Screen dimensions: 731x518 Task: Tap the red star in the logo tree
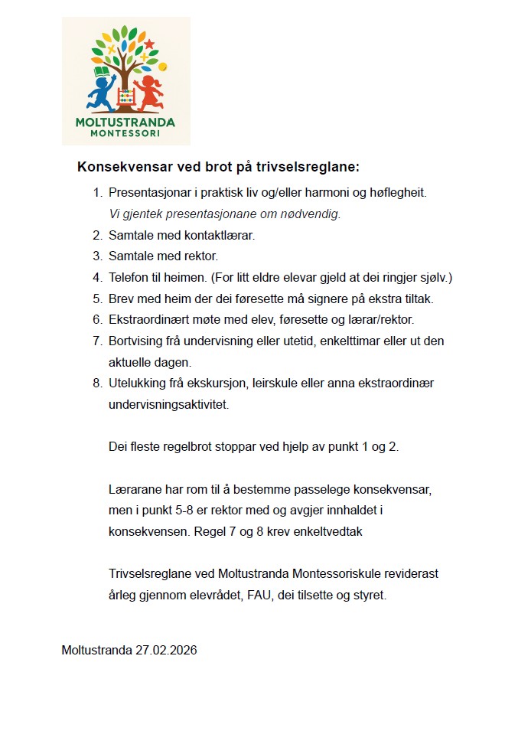tap(149, 44)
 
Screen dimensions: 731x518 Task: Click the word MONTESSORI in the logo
tap(125, 133)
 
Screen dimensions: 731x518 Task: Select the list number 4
tap(97, 277)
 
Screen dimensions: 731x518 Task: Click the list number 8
tap(97, 383)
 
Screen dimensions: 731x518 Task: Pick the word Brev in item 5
tap(121, 299)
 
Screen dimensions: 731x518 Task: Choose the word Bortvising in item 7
tap(135, 341)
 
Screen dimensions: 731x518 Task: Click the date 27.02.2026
tap(166, 651)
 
